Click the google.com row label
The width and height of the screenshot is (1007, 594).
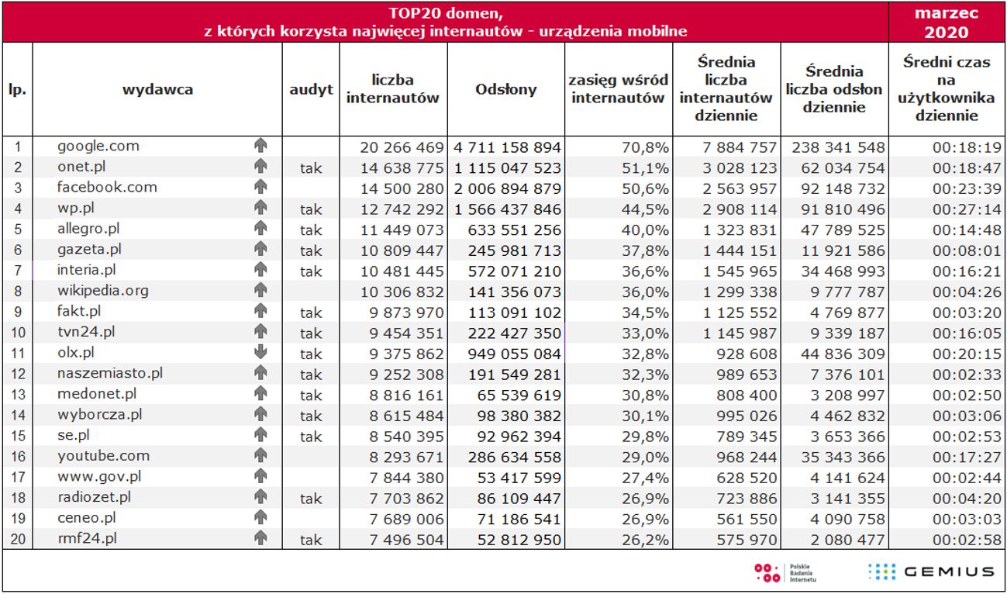[x=98, y=146]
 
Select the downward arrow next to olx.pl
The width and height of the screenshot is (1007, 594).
[x=260, y=352]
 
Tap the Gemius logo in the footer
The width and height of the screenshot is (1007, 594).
[x=931, y=572]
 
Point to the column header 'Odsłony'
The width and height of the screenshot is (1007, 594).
[x=505, y=89]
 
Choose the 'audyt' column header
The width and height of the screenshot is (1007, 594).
[x=311, y=89]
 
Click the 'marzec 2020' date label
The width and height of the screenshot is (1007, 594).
[x=947, y=22]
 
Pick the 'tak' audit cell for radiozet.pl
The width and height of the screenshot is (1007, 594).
[x=311, y=499]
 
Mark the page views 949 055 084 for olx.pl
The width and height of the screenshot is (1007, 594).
[x=514, y=354]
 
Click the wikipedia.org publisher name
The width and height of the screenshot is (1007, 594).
[x=103, y=291]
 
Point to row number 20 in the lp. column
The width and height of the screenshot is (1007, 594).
[x=18, y=539]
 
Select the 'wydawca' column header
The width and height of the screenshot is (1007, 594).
[x=157, y=89]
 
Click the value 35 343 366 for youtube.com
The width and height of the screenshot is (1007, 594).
[x=837, y=458]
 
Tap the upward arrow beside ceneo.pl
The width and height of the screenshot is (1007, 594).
[x=260, y=517]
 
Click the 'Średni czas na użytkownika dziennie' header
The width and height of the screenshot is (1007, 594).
[x=947, y=89]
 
